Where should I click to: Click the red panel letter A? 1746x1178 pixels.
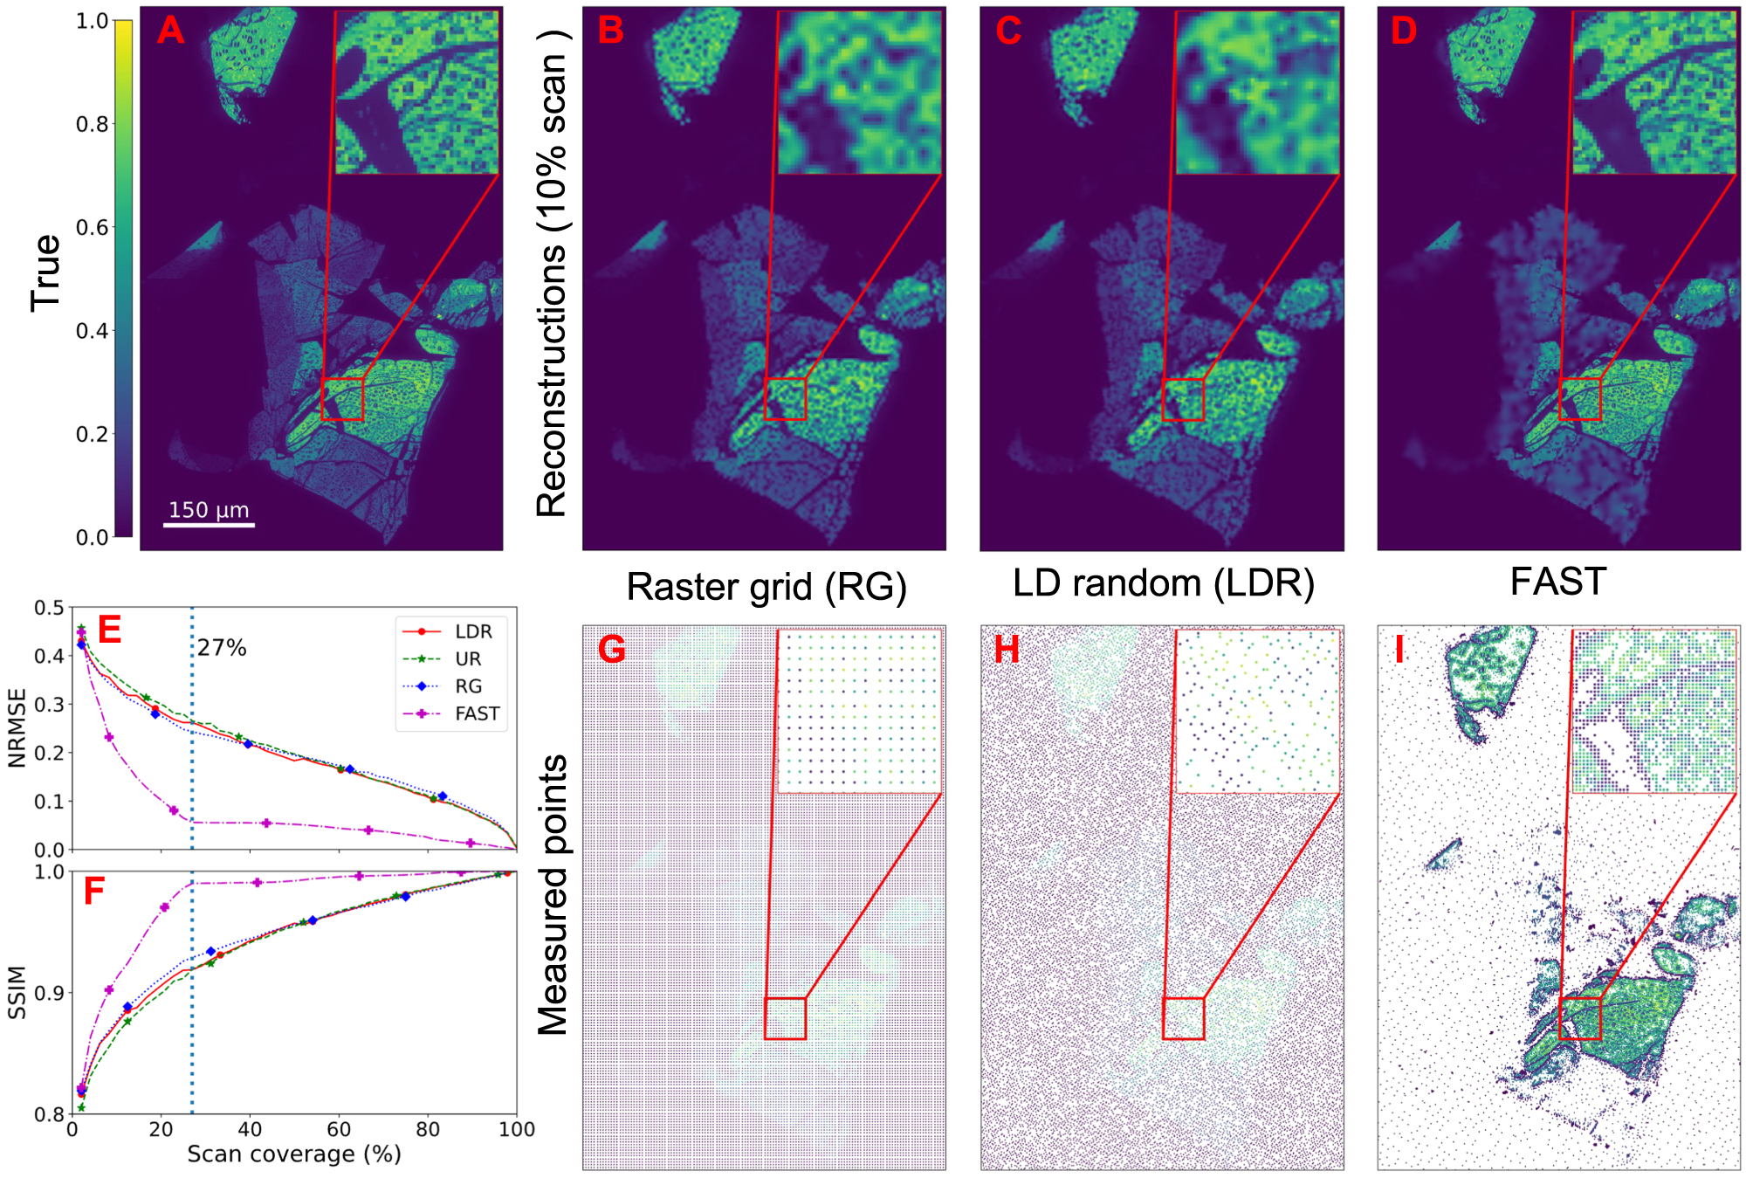point(171,31)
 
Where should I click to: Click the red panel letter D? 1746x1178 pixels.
point(1404,31)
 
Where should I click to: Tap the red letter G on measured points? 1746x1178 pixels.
point(612,650)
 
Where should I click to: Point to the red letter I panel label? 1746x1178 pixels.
point(1400,650)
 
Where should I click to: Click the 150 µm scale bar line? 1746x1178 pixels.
point(210,525)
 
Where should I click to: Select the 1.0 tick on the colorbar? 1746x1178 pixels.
point(92,21)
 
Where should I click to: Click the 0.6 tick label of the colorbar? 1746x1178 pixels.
point(92,228)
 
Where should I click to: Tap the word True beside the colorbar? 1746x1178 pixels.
point(45,272)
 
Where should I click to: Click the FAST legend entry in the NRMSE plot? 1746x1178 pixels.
point(477,713)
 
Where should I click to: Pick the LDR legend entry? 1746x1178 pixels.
point(473,631)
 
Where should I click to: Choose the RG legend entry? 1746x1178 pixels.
point(468,686)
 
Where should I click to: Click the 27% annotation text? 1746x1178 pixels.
point(222,648)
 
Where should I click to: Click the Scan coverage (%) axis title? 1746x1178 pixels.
point(294,1154)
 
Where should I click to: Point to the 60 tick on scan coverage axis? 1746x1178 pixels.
point(339,1129)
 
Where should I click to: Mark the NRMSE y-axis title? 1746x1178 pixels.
point(17,728)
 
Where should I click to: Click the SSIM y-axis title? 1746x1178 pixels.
point(17,993)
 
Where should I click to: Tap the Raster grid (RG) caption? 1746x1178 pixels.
point(766,587)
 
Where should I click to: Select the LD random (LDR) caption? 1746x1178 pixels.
point(1164,583)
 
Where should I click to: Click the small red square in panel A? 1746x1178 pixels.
point(342,399)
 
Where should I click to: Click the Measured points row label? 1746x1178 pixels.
point(553,895)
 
